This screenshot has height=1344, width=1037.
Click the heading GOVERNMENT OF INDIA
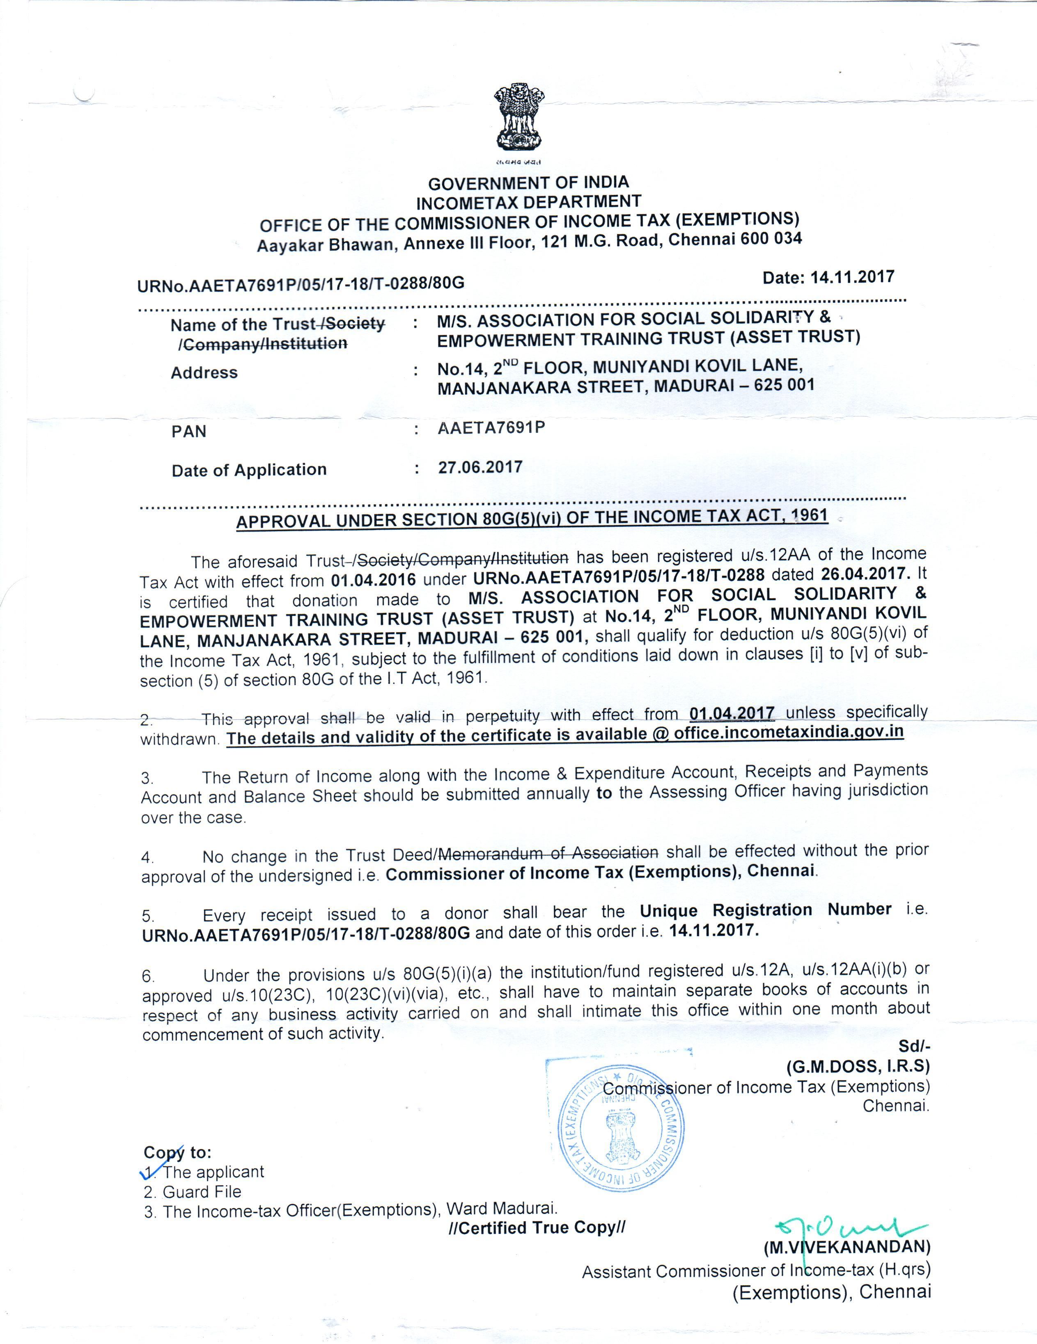click(528, 183)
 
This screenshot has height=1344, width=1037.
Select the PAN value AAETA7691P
click(491, 427)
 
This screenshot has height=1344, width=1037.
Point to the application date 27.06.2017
click(480, 468)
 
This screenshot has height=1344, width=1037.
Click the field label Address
click(204, 373)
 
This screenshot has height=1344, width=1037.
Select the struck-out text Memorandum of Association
click(548, 853)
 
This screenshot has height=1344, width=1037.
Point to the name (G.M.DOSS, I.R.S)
click(858, 1067)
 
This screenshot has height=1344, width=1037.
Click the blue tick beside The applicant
click(150, 1169)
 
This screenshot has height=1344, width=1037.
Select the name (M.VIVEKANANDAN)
click(847, 1247)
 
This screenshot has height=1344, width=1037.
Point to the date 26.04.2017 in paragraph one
click(865, 574)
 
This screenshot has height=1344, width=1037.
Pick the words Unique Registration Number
click(765, 910)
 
